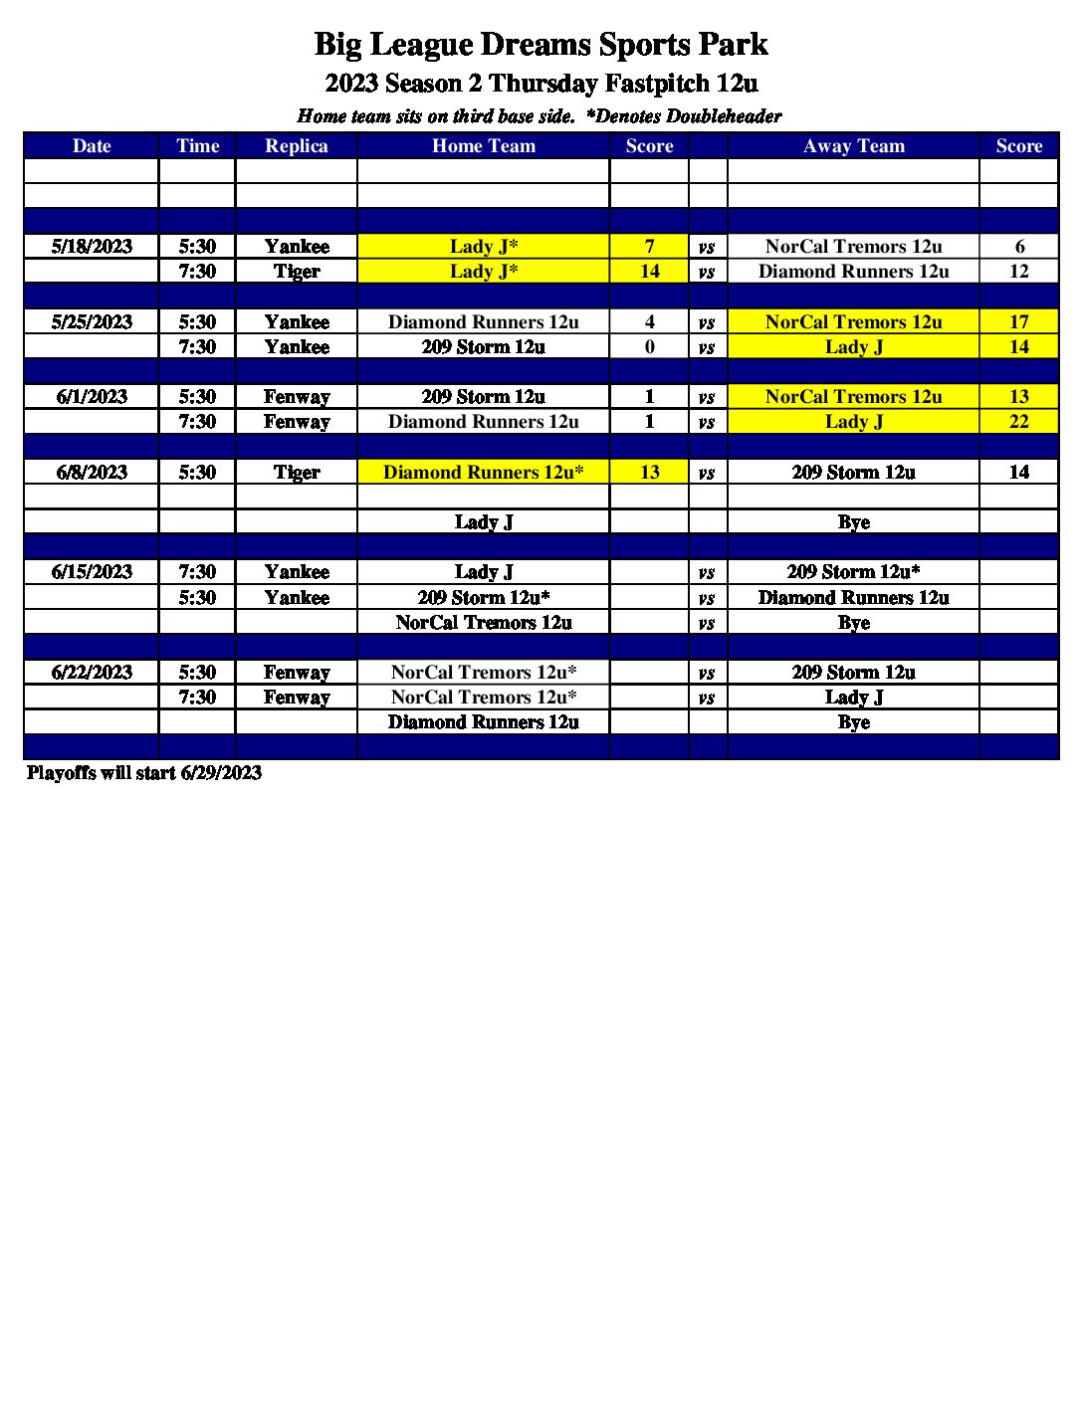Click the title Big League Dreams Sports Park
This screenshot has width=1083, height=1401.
click(x=541, y=45)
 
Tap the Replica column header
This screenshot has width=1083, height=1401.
click(x=296, y=146)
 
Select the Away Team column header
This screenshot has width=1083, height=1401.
click(x=853, y=146)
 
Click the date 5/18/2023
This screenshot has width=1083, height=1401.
click(x=92, y=247)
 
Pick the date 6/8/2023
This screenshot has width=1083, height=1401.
click(x=92, y=473)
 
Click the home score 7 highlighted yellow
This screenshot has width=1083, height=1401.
click(x=649, y=247)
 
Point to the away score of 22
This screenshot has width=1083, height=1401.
click(x=1018, y=422)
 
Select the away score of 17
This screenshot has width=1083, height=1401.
click(x=1018, y=322)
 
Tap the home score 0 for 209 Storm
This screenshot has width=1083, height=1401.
click(x=649, y=347)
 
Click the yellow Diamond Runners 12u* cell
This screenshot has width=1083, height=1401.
click(x=483, y=473)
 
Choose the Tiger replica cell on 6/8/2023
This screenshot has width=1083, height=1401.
click(x=296, y=473)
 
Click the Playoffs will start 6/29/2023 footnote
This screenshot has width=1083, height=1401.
click(x=144, y=773)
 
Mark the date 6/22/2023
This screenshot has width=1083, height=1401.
click(x=92, y=673)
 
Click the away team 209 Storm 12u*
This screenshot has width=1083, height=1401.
click(x=853, y=572)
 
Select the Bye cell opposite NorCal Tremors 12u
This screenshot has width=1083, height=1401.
click(x=853, y=623)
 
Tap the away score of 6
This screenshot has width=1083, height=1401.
click(x=1018, y=247)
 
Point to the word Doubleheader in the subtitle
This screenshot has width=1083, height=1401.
click(x=724, y=116)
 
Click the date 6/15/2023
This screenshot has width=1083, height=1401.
click(x=92, y=572)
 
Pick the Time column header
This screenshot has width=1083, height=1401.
click(x=197, y=146)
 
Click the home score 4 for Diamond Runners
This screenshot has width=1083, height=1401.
click(x=649, y=322)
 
